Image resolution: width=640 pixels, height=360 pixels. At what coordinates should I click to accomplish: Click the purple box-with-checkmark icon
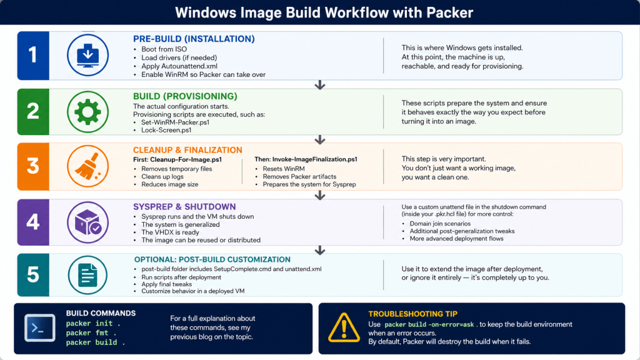[87, 221]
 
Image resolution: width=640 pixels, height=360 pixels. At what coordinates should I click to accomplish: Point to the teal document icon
[87, 275]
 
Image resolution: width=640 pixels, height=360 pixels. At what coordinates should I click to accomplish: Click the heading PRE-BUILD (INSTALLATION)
[194, 39]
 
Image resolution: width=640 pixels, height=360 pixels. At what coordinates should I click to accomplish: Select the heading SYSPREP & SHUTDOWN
[184, 206]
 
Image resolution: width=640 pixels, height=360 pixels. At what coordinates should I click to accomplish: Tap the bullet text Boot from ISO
[164, 49]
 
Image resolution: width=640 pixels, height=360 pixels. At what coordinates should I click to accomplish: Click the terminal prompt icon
[39, 327]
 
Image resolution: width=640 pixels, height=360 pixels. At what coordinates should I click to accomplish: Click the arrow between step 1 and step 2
[320, 84]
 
